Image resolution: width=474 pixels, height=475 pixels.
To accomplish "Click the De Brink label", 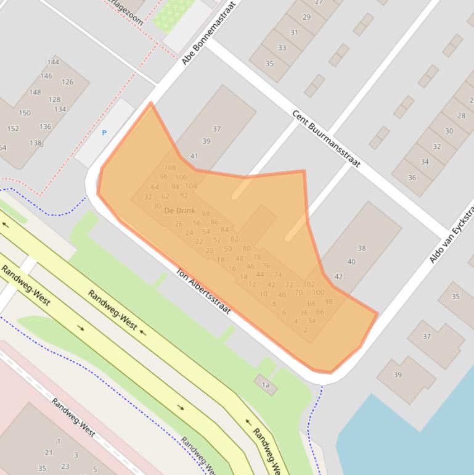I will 179,211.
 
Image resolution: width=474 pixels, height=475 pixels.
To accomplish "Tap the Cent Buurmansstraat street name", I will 326,139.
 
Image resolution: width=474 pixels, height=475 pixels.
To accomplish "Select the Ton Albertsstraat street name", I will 203,291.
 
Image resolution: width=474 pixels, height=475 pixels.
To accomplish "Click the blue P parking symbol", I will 104,133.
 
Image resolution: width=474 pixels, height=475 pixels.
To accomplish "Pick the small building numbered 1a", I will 266,385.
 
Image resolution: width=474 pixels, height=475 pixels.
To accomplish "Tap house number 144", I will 53,62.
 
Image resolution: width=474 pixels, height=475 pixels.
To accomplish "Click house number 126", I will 67,81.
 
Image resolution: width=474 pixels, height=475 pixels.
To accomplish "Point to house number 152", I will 13,128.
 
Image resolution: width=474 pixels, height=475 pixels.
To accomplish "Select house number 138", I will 35,143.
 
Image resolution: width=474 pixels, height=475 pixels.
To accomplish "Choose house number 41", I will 194,156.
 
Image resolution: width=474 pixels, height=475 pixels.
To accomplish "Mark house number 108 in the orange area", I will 170,168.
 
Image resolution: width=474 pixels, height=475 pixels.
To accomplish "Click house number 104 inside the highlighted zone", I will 191,186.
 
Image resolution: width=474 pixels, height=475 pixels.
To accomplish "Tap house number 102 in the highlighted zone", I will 309,284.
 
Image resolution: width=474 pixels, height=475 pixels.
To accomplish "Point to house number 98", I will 329,302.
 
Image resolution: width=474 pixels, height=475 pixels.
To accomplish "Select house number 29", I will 306,17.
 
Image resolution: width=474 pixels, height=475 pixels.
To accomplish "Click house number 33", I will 282,47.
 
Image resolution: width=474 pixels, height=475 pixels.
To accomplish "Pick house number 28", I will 461,115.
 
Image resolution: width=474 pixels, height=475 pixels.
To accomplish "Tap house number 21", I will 49,453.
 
